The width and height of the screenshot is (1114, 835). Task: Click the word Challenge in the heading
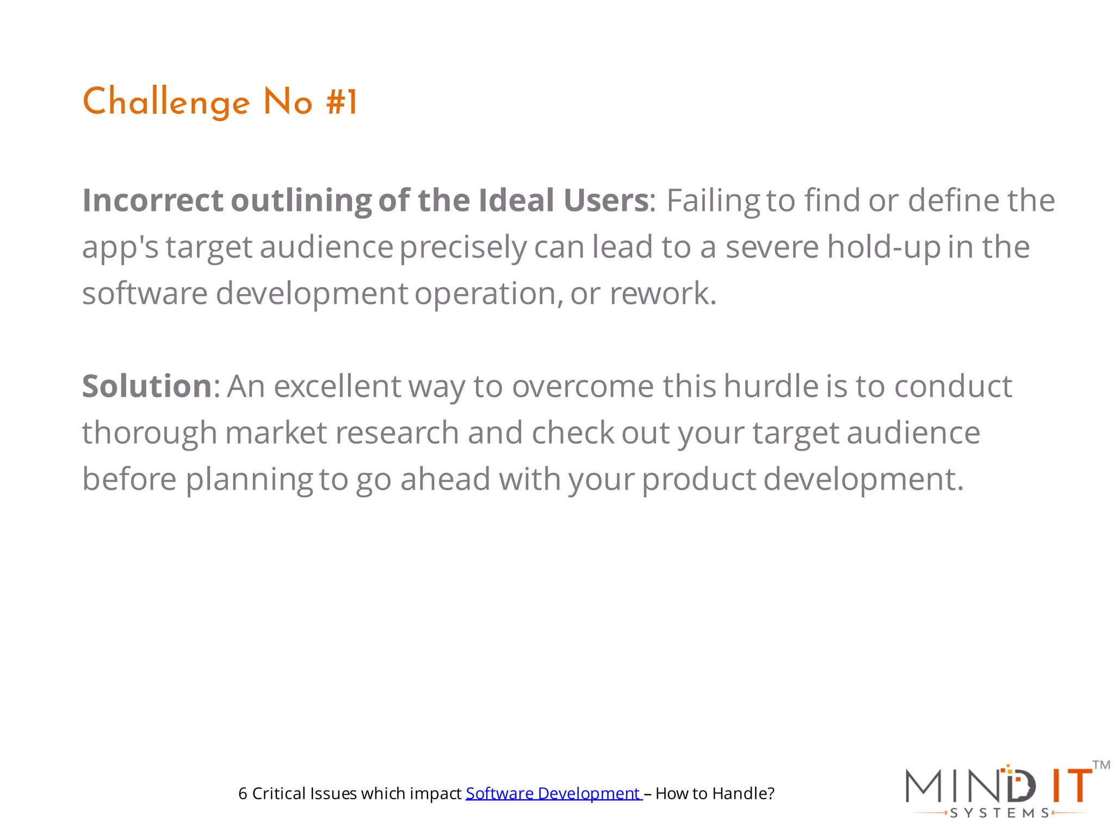coord(166,102)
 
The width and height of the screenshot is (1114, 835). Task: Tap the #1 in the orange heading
coord(342,102)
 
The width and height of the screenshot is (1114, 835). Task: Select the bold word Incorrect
coord(153,200)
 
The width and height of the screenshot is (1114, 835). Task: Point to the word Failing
coord(713,201)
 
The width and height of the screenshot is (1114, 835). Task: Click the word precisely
coord(463,247)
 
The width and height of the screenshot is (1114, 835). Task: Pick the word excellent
coord(337,386)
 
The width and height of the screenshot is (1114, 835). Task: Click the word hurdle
coord(771,386)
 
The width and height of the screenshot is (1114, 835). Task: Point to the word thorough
coord(150,433)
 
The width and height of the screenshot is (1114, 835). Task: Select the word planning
coord(249,480)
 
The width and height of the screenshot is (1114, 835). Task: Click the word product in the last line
coord(699,480)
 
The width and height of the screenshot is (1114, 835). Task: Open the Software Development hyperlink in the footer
coord(553,794)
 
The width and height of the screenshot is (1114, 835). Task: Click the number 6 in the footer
coord(243,794)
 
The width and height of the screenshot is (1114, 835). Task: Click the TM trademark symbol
coord(1101,765)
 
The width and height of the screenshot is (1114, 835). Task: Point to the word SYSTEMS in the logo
coord(999,813)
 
